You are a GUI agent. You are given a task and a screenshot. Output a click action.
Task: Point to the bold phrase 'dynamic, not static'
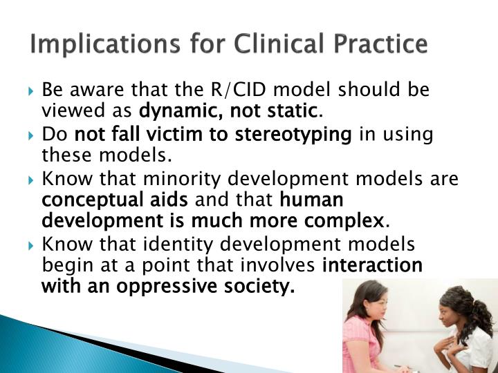(230, 110)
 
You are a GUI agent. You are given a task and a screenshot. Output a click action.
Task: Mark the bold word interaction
(373, 265)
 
